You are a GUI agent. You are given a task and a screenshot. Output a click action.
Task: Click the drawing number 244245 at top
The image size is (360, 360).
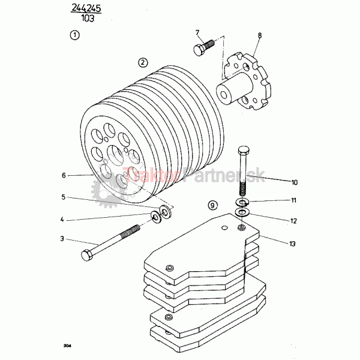[x=86, y=8]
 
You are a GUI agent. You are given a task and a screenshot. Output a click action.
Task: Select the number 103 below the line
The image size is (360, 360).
[x=88, y=18]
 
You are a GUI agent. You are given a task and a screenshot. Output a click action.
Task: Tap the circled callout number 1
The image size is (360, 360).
[x=74, y=35]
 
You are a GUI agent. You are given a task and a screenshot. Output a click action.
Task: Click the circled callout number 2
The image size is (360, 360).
[x=143, y=62]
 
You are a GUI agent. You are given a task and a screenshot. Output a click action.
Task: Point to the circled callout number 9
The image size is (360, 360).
[x=212, y=205]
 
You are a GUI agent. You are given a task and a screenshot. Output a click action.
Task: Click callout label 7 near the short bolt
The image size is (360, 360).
[x=197, y=32]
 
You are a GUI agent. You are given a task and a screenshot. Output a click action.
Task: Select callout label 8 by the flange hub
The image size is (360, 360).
[x=260, y=35]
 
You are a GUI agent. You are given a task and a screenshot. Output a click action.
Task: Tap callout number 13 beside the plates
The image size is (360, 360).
[x=292, y=244]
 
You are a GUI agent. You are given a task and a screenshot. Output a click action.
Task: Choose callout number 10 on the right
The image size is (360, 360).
[x=295, y=182]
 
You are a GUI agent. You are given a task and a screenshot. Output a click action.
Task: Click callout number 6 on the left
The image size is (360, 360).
[x=64, y=175]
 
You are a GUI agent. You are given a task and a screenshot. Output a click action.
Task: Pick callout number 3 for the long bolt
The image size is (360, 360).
[x=62, y=239]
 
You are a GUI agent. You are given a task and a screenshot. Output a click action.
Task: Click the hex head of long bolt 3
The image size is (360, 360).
[x=87, y=255]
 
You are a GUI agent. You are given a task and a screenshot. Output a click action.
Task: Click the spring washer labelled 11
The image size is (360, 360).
[x=242, y=202]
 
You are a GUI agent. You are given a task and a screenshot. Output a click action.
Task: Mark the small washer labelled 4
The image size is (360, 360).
[x=155, y=217]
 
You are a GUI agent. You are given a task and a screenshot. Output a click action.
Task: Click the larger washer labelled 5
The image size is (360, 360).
[x=164, y=211]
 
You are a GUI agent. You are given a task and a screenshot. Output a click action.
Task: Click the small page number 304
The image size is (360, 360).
[x=67, y=345]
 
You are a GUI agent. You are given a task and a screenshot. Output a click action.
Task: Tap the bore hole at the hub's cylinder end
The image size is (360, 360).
[x=224, y=94]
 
